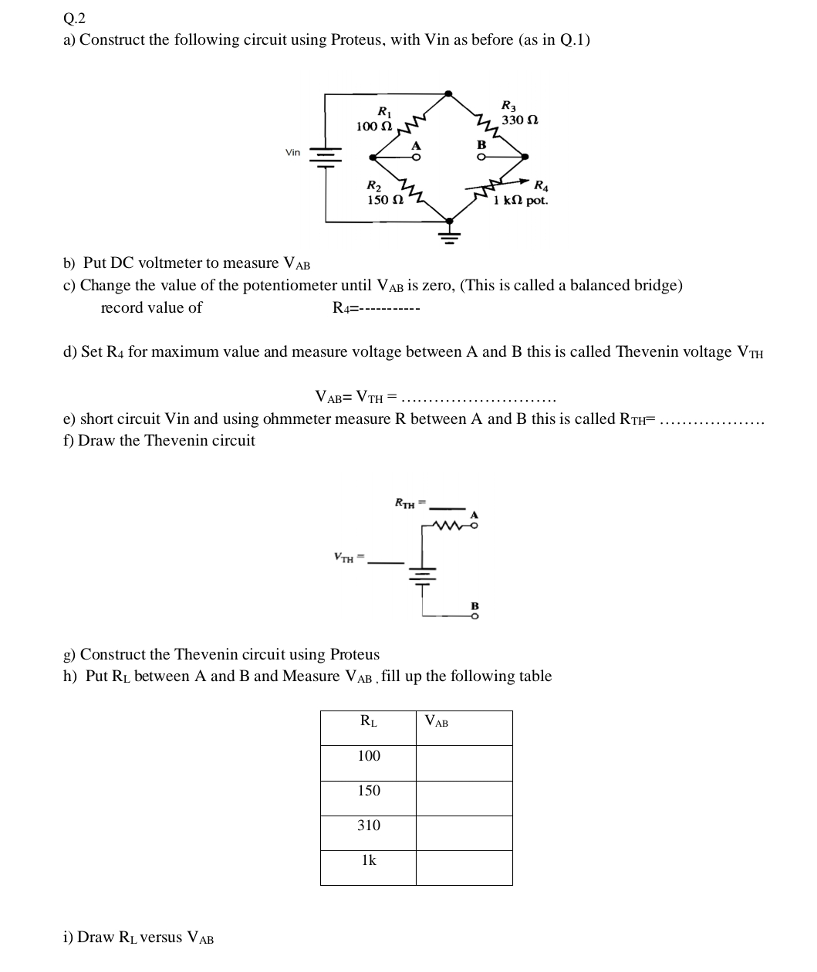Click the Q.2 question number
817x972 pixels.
point(74,19)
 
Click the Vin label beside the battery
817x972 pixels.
point(292,152)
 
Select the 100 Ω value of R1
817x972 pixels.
point(374,126)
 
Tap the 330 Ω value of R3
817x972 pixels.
point(520,120)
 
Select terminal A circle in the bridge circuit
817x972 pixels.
point(416,158)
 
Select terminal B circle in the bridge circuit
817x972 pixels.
point(482,157)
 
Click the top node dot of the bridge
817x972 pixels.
point(448,94)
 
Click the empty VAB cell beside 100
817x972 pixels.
point(464,763)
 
